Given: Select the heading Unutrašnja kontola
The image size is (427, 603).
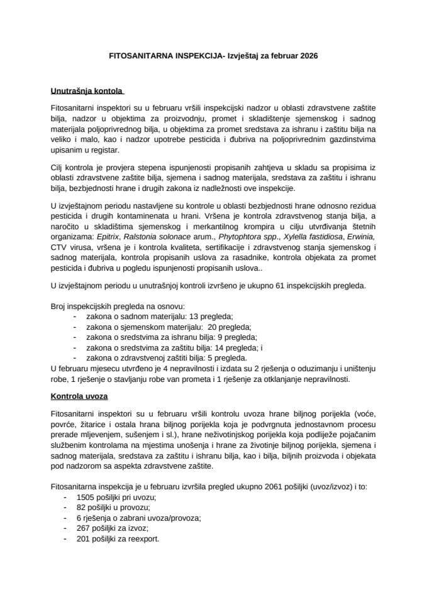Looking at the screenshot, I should [87, 90].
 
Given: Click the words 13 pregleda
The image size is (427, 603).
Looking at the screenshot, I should [205, 317].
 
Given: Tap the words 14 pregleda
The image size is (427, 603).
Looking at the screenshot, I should [234, 347].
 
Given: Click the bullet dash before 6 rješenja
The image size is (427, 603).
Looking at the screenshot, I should [67, 518].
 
